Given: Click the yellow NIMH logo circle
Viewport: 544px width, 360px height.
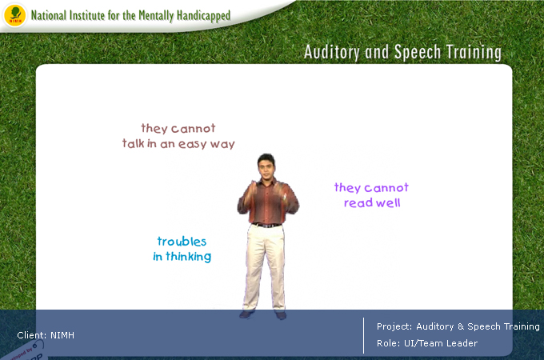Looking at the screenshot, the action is click(14, 16).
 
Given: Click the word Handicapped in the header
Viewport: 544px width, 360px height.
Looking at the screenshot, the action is click(203, 16).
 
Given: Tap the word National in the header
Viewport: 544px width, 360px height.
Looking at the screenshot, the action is click(49, 15).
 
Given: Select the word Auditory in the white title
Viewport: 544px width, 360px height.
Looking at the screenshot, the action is click(332, 52).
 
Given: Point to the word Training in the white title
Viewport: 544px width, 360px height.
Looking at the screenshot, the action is click(474, 53).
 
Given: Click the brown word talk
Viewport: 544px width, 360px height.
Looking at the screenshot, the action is click(133, 143).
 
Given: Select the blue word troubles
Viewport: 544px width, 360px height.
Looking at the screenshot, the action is click(182, 242).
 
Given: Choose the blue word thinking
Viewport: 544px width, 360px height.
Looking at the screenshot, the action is click(188, 257).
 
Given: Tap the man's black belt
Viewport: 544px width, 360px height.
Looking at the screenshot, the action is click(266, 225).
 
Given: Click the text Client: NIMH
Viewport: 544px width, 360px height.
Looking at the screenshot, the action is click(46, 335).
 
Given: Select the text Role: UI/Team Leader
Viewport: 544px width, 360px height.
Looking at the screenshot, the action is click(427, 343).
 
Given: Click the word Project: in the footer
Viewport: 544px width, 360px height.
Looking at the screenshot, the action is click(394, 326).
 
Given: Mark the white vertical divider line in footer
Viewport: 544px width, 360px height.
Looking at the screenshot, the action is click(363, 335).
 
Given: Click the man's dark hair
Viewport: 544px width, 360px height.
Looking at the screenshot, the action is click(266, 159).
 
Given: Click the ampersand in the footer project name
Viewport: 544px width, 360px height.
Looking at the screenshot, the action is click(461, 326).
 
